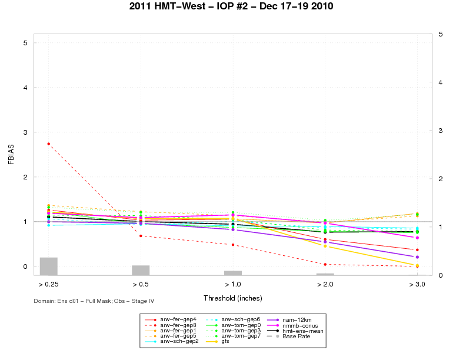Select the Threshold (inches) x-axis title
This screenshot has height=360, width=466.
(233, 298)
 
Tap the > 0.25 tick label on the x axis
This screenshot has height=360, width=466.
(48, 285)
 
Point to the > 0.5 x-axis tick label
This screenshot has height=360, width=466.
(141, 285)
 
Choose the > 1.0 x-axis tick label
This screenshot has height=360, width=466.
(233, 285)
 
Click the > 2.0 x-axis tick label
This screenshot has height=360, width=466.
(325, 285)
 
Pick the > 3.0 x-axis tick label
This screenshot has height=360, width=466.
(417, 285)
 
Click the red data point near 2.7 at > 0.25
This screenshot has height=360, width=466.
(48, 144)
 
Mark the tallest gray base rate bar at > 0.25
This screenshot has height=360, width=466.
(48, 266)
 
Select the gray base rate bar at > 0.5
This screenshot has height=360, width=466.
(141, 270)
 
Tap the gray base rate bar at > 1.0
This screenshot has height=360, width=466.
(233, 273)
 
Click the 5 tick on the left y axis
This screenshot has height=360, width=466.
(25, 43)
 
